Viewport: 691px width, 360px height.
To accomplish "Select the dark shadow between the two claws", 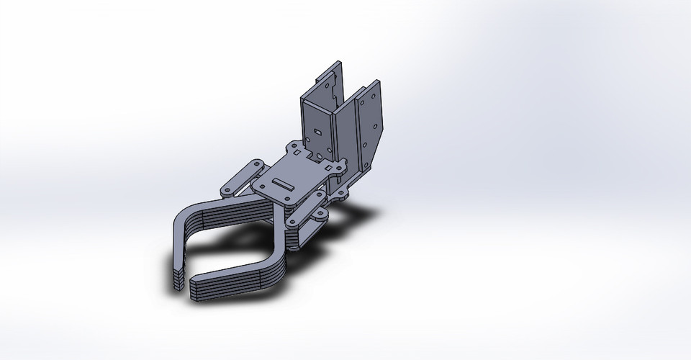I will pos(230,245).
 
